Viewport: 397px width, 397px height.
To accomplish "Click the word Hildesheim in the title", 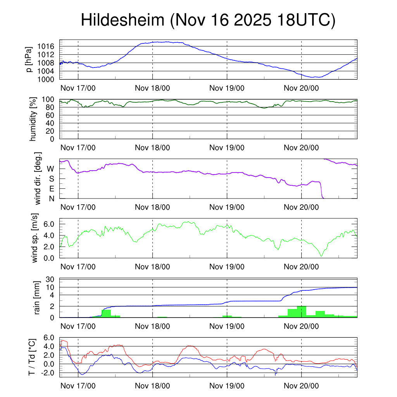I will (x=123, y=21).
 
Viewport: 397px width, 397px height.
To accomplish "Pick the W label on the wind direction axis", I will (x=51, y=169).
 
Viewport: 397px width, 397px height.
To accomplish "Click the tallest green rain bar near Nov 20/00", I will (x=301, y=312).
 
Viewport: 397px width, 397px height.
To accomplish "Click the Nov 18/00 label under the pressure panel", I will (x=152, y=88).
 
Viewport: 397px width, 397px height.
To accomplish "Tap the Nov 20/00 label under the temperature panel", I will (x=301, y=386).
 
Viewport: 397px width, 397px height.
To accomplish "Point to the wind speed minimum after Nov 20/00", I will (x=321, y=256).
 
